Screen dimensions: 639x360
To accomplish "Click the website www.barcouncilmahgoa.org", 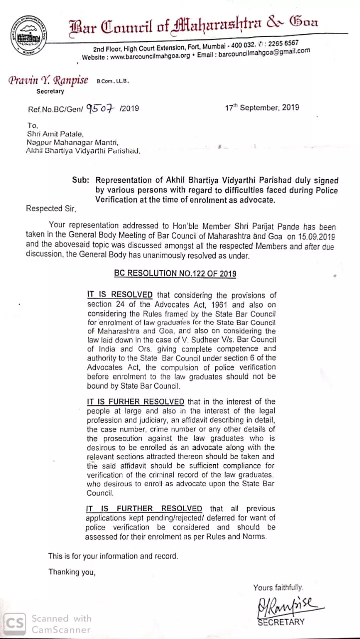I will (x=150, y=56).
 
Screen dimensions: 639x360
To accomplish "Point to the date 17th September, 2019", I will (x=262, y=108).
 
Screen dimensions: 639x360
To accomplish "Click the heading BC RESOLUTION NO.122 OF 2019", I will (x=175, y=274).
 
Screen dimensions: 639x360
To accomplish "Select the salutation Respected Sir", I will (x=51, y=209).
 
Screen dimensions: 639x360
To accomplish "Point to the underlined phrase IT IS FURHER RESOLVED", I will (x=135, y=402).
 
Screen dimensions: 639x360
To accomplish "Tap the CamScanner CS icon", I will (x=14, y=623).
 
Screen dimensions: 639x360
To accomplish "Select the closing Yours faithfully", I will (x=278, y=588).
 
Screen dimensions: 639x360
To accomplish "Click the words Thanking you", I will (x=71, y=572).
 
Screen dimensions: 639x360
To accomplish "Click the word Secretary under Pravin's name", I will (x=50, y=91).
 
